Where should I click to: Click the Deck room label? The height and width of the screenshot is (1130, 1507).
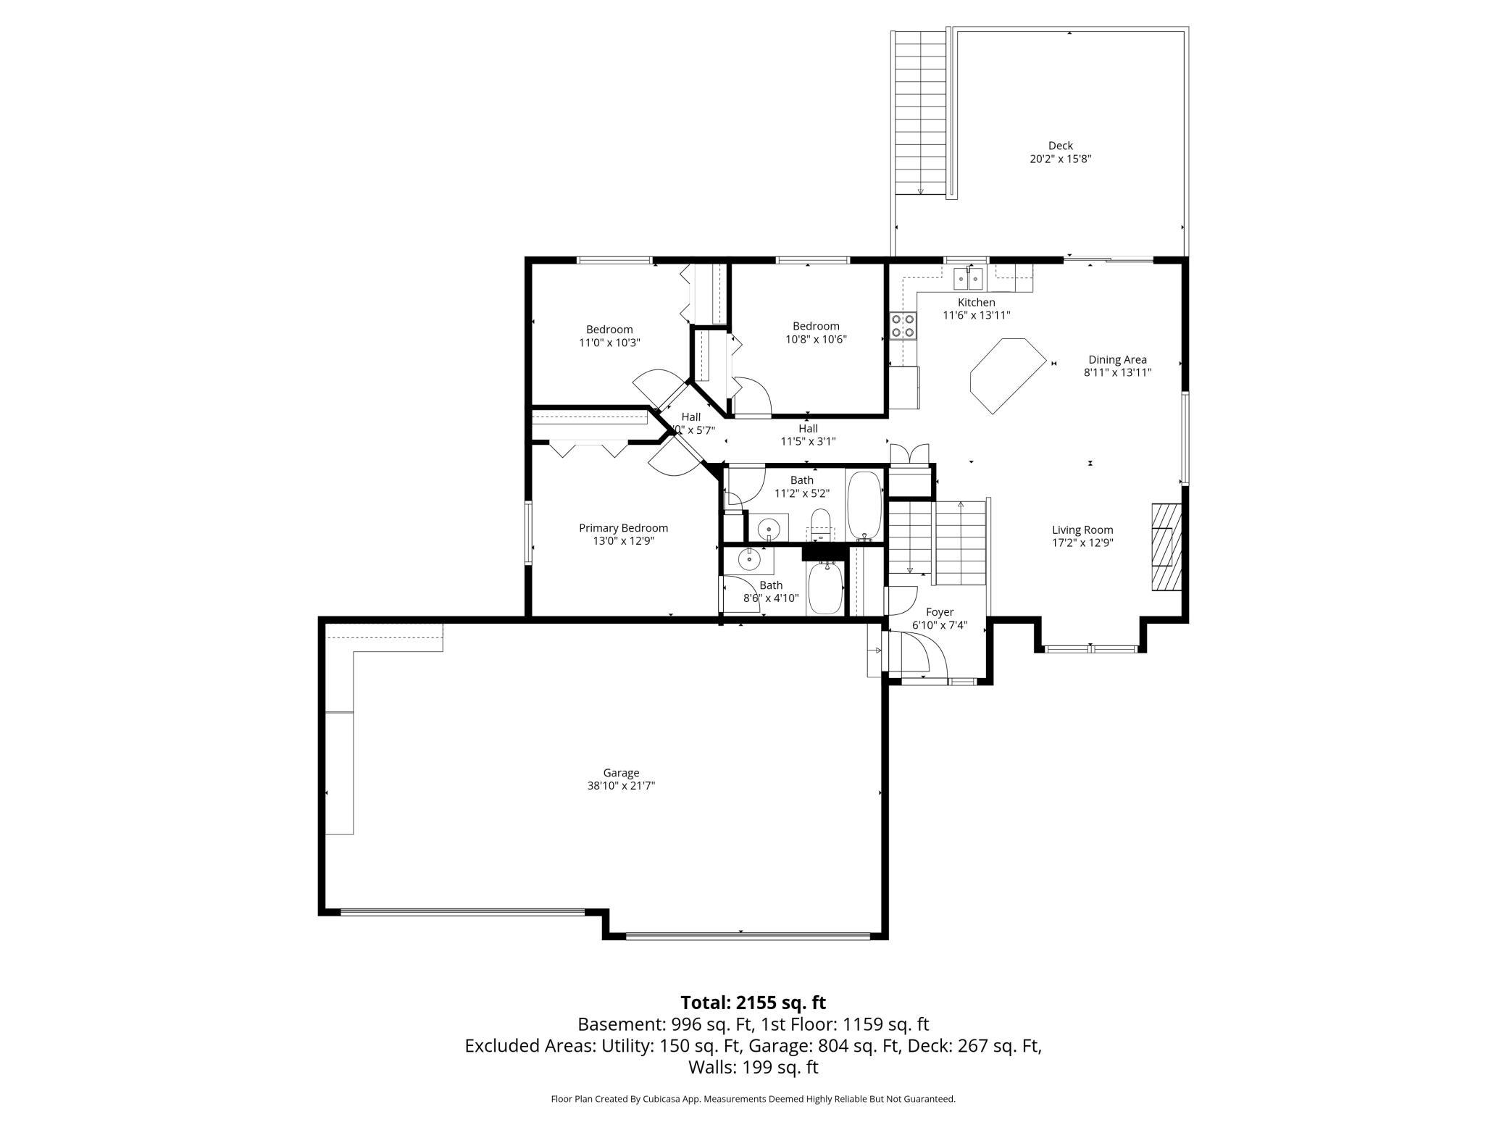[1060, 146]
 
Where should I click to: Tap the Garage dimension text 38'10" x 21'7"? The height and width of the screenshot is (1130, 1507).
[621, 785]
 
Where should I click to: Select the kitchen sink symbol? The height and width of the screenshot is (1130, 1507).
[969, 277]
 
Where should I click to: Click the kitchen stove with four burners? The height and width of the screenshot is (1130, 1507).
[903, 325]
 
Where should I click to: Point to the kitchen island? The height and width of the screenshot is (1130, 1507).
[1009, 375]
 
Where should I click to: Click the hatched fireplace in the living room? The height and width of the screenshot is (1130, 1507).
[1166, 547]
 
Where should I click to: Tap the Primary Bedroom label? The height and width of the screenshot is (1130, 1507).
[623, 528]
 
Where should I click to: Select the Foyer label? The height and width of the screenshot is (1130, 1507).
[940, 612]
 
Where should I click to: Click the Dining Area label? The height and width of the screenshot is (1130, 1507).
[1117, 359]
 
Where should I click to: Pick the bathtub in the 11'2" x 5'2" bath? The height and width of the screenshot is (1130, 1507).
[864, 506]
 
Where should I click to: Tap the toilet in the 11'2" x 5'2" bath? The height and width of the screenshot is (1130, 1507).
[821, 525]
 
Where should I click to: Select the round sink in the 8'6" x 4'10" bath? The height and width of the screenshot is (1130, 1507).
[748, 559]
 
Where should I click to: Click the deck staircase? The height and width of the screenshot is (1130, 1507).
[921, 112]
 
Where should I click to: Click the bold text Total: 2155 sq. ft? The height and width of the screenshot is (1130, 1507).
[753, 1003]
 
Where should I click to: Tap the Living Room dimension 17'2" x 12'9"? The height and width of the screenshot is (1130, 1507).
[1082, 543]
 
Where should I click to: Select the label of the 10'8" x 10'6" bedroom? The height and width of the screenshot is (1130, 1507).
[816, 326]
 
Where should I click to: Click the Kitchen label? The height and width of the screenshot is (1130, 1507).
[977, 302]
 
